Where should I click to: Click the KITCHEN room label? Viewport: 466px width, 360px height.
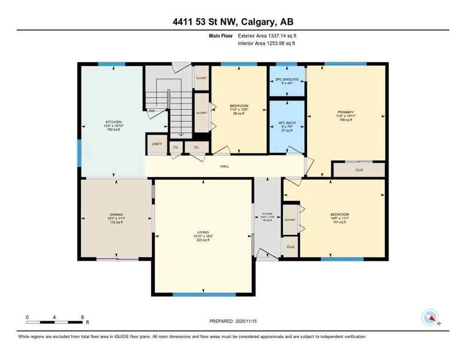click(x=113, y=122)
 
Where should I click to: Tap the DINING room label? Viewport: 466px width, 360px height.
click(x=116, y=215)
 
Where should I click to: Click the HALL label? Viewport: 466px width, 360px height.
click(x=225, y=166)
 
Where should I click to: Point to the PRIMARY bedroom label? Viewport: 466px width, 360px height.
click(x=346, y=112)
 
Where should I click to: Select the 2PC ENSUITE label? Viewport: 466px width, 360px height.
click(x=286, y=80)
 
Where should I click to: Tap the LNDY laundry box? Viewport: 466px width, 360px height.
click(x=157, y=144)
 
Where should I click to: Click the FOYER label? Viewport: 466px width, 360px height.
click(x=267, y=213)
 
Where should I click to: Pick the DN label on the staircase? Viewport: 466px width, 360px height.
click(x=151, y=111)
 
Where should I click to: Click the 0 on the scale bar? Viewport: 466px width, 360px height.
click(x=27, y=317)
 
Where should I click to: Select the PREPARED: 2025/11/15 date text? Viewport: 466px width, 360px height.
click(x=233, y=322)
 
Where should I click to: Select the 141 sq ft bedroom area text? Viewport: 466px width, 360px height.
click(x=338, y=222)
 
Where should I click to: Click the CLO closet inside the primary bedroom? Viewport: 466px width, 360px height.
click(x=359, y=170)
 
